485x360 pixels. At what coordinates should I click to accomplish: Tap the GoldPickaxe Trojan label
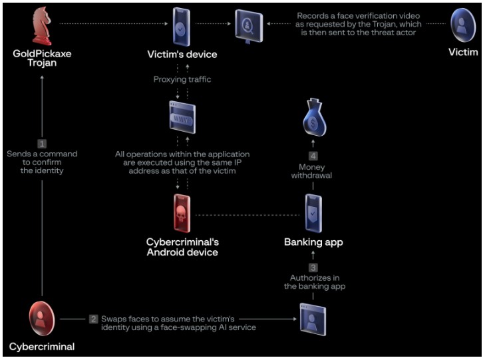pyautogui.click(x=41, y=57)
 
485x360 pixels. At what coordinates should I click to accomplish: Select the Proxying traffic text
pyautogui.click(x=182, y=80)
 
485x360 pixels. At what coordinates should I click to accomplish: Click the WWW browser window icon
pyautogui.click(x=182, y=119)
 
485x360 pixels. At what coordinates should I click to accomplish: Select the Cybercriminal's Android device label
pyautogui.click(x=182, y=247)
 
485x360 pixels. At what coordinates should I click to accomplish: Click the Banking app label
pyautogui.click(x=313, y=242)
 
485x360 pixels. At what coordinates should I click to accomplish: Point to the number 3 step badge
pyautogui.click(x=313, y=267)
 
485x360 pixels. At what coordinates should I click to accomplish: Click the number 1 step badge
pyautogui.click(x=42, y=143)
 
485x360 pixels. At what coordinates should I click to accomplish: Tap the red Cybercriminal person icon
pyautogui.click(x=41, y=319)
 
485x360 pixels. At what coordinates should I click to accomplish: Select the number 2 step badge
pyautogui.click(x=94, y=319)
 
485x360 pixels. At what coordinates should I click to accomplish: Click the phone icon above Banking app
pyautogui.click(x=313, y=213)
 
